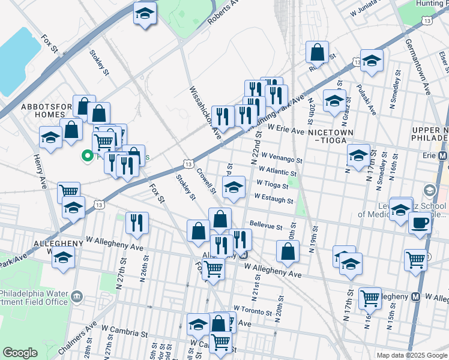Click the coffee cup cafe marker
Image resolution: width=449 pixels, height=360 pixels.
[x=420, y=223]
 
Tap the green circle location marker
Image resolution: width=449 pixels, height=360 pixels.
[x=86, y=157]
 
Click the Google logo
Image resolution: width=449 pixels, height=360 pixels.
[x=20, y=353]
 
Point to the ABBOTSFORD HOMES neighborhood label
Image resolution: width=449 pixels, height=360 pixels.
[x=43, y=110]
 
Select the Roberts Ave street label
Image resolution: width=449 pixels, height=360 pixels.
[x=223, y=11]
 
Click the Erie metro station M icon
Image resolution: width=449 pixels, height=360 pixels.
[x=443, y=155]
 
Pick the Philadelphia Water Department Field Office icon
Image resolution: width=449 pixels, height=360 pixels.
[x=77, y=296]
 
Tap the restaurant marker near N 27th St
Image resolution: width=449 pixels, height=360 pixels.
[x=137, y=223]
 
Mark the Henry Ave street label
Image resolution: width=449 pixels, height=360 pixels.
[x=41, y=172]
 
